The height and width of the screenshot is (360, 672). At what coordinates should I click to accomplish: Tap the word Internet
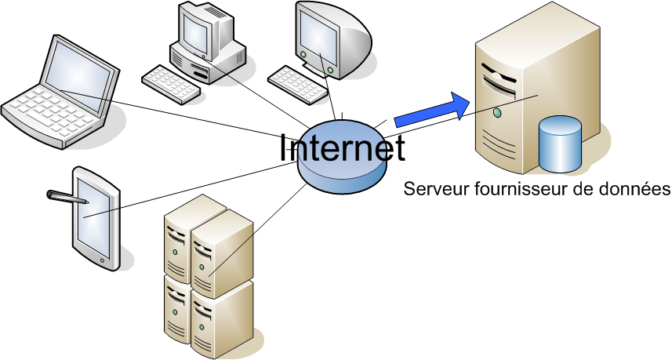point(342,148)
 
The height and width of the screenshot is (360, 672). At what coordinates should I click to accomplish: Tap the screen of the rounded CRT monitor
point(318,36)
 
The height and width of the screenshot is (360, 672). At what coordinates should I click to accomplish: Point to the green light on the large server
point(497,115)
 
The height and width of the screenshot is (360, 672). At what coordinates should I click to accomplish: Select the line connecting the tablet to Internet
point(196,192)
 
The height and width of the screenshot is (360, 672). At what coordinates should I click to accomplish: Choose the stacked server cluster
point(207,275)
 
